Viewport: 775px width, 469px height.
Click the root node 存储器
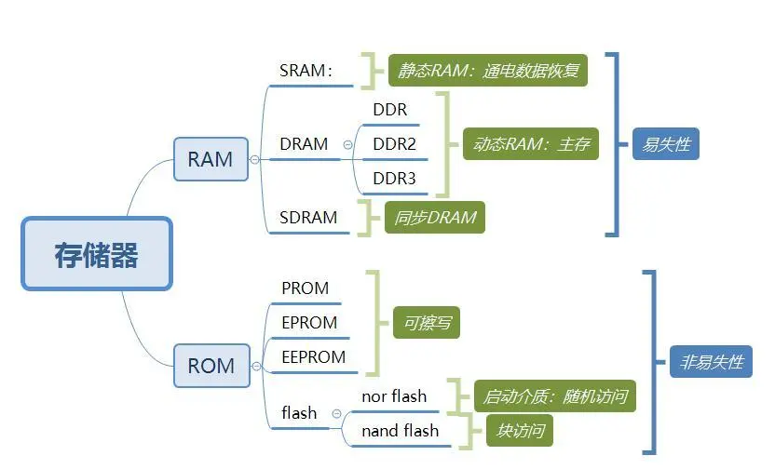tap(97, 254)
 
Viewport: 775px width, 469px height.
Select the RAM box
tap(211, 159)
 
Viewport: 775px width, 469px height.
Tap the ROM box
tap(211, 366)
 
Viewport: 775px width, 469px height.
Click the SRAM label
tap(306, 71)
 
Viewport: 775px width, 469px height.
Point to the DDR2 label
tap(394, 144)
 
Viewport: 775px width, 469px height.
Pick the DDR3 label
tap(394, 179)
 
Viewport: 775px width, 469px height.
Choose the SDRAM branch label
tap(308, 217)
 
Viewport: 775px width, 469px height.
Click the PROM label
tap(305, 288)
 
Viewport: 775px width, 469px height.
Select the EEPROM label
tap(313, 357)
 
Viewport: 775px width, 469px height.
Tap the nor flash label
tap(394, 395)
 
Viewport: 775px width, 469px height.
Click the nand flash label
tap(401, 431)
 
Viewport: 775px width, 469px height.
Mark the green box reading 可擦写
tap(427, 322)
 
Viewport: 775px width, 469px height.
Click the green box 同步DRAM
tap(435, 217)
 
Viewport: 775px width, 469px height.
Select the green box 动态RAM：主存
tap(531, 143)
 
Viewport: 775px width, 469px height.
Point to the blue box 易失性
tap(666, 143)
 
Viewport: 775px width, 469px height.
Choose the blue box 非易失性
tap(711, 362)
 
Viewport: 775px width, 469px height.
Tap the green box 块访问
tap(520, 431)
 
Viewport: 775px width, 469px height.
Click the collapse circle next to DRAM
tap(348, 144)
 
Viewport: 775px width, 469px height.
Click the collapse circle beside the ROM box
tap(256, 366)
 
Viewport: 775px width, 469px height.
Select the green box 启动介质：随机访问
tap(555, 395)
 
